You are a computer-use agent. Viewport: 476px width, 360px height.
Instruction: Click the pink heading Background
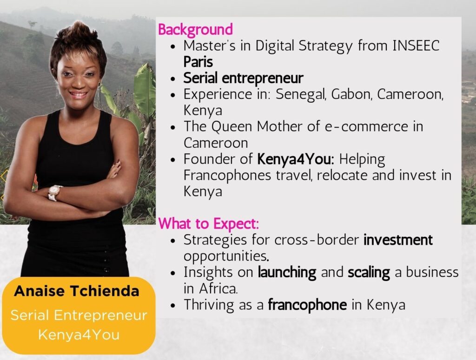click(x=196, y=30)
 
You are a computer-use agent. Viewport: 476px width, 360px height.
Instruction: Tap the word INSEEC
click(x=416, y=46)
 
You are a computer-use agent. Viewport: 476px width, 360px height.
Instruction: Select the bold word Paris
click(x=198, y=62)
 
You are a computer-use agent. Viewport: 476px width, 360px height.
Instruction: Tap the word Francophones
click(x=227, y=176)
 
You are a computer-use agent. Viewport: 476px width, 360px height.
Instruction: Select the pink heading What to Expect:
click(x=209, y=224)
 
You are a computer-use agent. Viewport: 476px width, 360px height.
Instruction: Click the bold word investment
click(x=398, y=240)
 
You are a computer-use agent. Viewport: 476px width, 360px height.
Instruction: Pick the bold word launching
click(x=287, y=272)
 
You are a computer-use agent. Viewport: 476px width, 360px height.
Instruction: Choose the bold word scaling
click(x=369, y=272)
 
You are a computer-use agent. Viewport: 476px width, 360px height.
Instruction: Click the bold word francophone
click(x=307, y=305)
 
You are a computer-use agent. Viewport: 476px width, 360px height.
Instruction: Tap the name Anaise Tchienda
click(x=77, y=291)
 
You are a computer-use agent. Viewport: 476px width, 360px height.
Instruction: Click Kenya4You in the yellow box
click(x=79, y=335)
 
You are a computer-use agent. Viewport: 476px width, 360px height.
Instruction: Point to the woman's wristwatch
click(x=54, y=193)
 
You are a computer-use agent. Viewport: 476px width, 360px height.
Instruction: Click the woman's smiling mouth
click(x=78, y=95)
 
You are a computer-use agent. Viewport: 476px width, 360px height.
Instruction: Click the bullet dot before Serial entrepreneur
click(x=173, y=79)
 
